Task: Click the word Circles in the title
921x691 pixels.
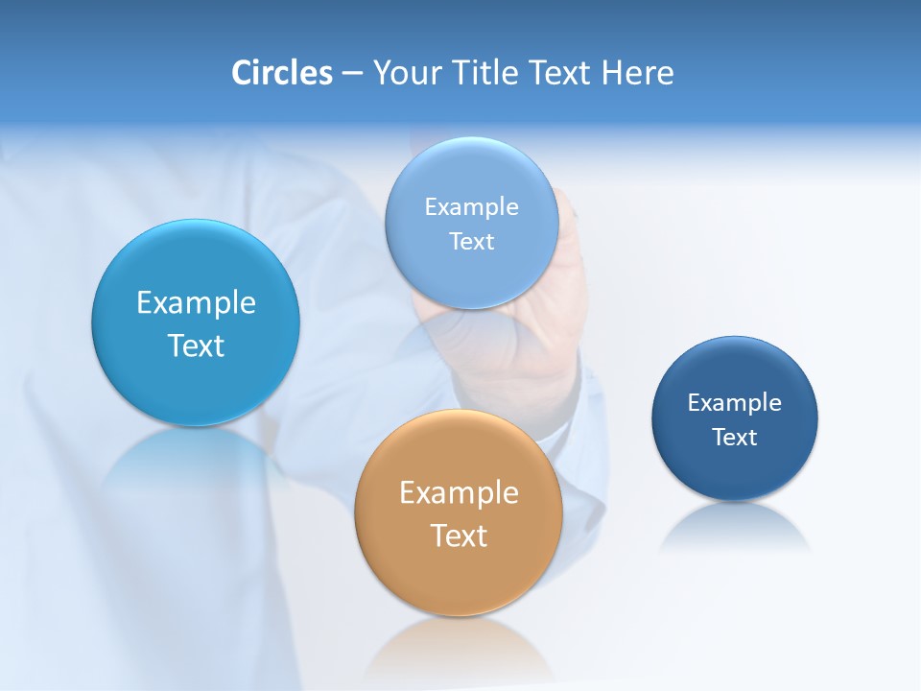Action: click(x=281, y=73)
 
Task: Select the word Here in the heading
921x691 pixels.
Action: click(x=637, y=73)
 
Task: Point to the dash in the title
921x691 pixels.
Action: click(x=352, y=74)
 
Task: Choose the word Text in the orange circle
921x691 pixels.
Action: click(x=459, y=536)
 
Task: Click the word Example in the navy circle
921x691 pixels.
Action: click(x=734, y=403)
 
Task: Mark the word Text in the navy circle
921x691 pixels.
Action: click(x=735, y=438)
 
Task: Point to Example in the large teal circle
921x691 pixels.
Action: click(x=196, y=303)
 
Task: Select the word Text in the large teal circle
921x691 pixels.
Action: click(x=196, y=345)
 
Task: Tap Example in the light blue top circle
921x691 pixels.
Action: click(x=471, y=207)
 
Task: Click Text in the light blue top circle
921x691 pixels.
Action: click(x=471, y=242)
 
